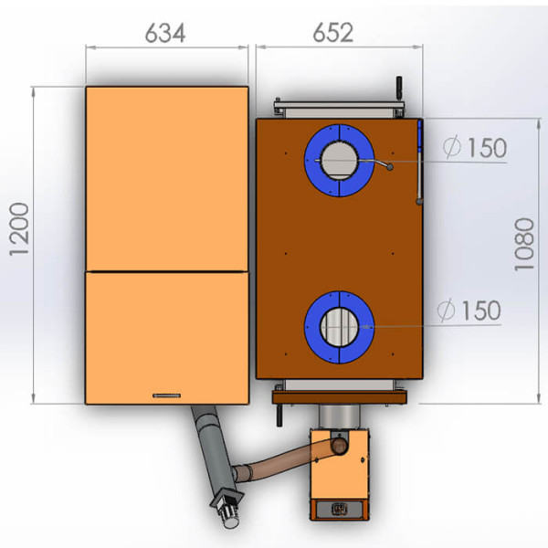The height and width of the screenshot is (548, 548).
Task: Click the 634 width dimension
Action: (x=165, y=33)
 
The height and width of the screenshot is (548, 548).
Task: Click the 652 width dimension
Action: (x=332, y=33)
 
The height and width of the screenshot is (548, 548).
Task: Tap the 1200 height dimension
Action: (x=19, y=229)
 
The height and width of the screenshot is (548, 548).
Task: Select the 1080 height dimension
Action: (x=524, y=244)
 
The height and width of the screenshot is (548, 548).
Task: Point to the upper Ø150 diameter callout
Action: (x=475, y=147)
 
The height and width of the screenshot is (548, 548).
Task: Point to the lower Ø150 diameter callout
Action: (x=469, y=311)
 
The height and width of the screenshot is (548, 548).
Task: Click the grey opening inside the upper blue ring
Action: (x=339, y=161)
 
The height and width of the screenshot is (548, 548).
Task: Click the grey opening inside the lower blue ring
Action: (x=339, y=327)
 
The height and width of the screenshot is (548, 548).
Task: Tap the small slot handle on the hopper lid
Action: (x=167, y=395)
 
